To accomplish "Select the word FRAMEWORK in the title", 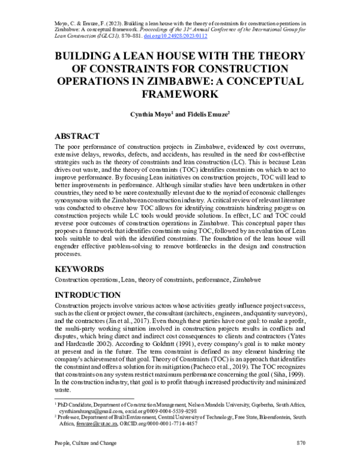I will coord(179,94).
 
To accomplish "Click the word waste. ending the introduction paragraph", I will coord(62,380).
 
